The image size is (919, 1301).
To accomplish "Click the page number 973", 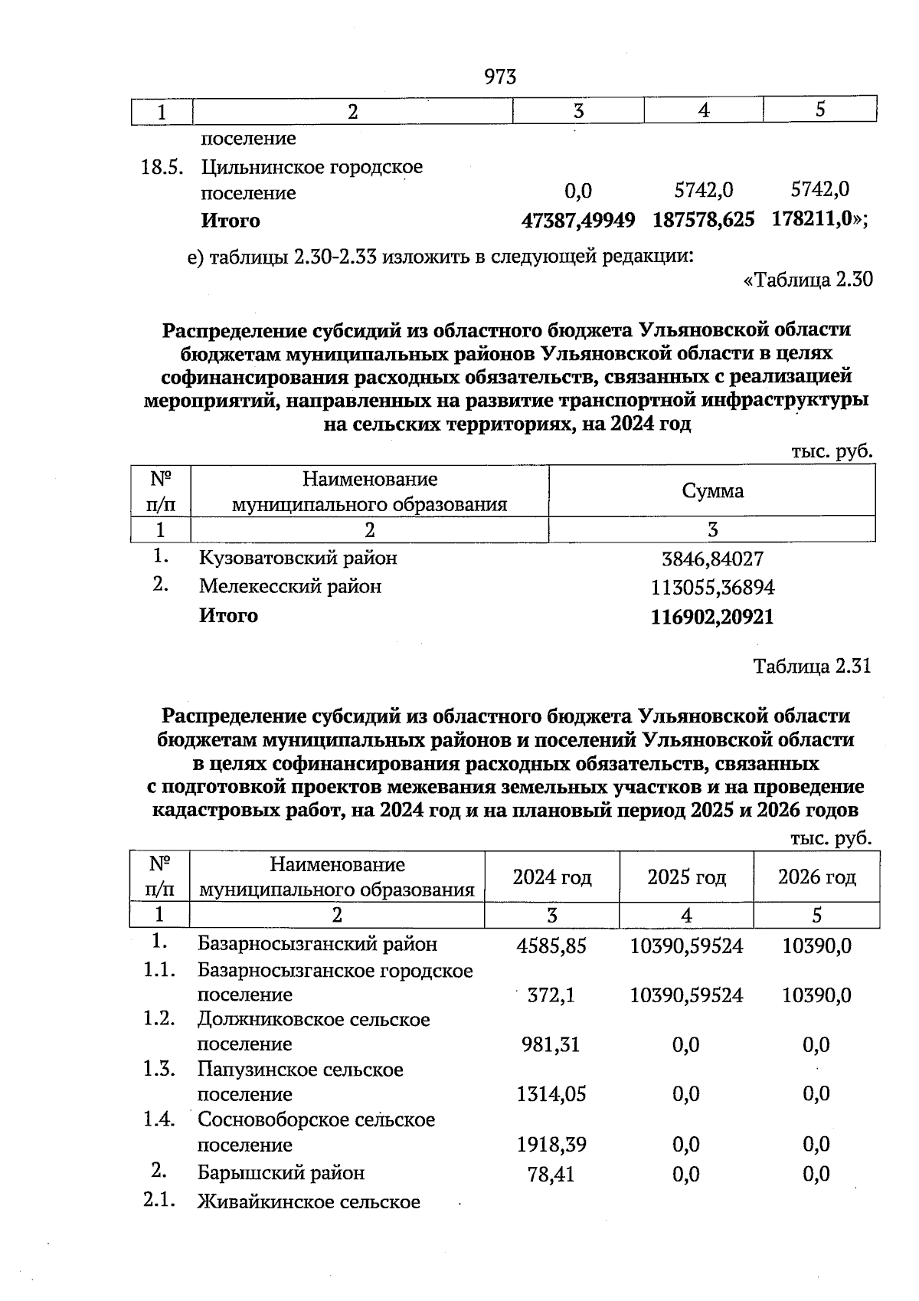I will click(500, 77).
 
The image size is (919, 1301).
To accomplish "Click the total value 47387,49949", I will click(578, 221).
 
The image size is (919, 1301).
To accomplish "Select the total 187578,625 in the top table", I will click(703, 220).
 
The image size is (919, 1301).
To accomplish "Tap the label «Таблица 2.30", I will click(808, 280).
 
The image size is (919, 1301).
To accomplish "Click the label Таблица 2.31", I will click(812, 666).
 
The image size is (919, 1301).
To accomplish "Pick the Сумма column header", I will click(712, 491).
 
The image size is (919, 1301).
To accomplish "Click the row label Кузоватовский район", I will click(298, 558).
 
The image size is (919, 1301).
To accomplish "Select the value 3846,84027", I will click(712, 559).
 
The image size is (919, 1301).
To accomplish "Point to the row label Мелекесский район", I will click(290, 587).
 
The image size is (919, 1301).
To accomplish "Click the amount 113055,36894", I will click(712, 588).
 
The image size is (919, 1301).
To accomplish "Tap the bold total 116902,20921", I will click(712, 618).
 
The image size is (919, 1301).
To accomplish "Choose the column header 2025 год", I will click(686, 877).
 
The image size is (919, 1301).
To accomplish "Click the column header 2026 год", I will click(816, 877).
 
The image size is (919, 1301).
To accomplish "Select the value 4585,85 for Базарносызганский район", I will click(551, 946).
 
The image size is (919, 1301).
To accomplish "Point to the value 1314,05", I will click(551, 1094).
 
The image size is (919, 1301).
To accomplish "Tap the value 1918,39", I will click(551, 1145).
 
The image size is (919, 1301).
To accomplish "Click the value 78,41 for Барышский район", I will click(551, 1174).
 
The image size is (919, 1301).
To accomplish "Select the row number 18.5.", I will click(163, 168).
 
